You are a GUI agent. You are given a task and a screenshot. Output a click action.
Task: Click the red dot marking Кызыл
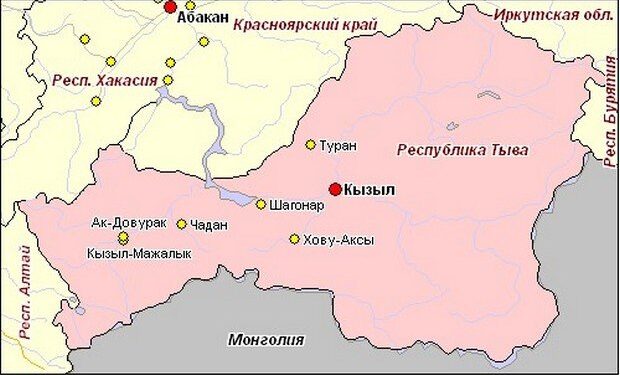coord(335,189)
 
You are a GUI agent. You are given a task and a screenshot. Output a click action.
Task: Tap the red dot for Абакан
coord(170,7)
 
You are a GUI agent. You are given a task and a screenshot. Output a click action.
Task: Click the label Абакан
coord(203,18)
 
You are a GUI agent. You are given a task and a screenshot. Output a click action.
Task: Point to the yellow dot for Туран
coord(310,145)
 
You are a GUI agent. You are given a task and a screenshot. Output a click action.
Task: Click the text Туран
coord(337,146)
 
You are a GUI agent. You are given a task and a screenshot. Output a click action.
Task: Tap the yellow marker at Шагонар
coord(261,205)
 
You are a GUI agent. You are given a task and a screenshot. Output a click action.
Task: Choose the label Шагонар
coord(297,206)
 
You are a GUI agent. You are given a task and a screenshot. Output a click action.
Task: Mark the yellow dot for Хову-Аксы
coord(294,239)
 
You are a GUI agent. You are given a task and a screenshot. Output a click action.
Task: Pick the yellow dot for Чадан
coord(181,224)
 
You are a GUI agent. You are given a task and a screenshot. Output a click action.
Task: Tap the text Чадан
coord(208,225)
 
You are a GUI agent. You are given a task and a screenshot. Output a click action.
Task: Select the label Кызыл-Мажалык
coord(139,254)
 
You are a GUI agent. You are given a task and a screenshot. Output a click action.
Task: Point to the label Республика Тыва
coord(462,150)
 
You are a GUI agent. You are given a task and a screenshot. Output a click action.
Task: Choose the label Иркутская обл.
coord(552,13)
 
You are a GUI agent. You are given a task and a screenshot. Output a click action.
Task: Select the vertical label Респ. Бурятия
coord(609,110)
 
